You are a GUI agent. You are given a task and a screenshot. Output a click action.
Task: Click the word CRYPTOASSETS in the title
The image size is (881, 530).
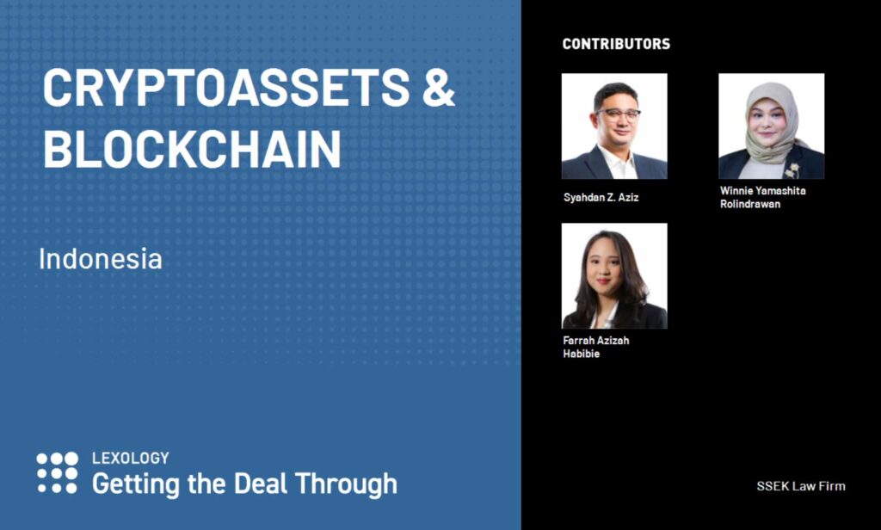coord(226,88)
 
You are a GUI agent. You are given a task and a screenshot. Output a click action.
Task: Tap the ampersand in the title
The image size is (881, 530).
coord(438,88)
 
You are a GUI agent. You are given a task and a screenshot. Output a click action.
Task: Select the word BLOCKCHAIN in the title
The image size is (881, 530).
coord(192,148)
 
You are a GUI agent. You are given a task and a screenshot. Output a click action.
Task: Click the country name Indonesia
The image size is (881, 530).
coord(101,258)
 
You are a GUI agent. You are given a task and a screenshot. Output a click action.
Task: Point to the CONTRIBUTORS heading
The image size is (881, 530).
coord(616,44)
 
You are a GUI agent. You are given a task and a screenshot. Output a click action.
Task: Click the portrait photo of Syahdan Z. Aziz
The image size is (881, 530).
coord(614,126)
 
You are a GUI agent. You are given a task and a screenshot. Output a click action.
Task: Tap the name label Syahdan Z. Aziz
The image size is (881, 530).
coord(601,197)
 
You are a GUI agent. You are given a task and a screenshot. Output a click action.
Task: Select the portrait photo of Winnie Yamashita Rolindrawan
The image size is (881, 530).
coord(772,126)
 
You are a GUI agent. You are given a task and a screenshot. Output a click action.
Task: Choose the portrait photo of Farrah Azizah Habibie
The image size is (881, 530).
coord(614,276)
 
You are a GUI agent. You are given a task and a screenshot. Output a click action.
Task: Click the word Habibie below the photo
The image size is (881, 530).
coord(582,354)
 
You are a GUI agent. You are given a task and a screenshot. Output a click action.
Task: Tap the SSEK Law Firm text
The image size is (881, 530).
coord(801,486)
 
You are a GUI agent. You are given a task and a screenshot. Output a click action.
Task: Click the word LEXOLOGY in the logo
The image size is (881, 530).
coord(131,458)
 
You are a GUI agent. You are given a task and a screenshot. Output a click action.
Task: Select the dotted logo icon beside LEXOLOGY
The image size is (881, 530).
coord(58,472)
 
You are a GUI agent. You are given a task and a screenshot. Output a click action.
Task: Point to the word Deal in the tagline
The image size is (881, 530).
coord(260,484)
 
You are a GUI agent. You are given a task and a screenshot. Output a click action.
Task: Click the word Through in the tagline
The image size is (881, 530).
coord(346,484)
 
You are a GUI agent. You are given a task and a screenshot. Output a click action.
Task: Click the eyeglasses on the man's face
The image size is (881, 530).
coord(618,115)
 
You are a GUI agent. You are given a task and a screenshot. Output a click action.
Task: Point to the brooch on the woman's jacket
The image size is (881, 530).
coord(792,169)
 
